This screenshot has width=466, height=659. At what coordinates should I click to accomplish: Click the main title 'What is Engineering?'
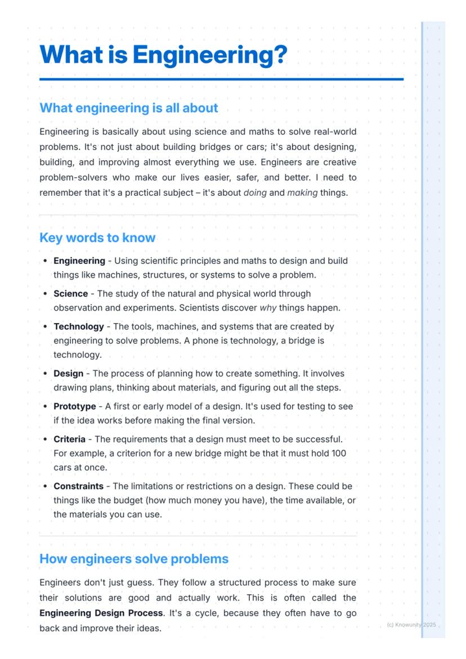pos(163,55)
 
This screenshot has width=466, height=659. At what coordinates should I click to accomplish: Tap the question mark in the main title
pos(280,55)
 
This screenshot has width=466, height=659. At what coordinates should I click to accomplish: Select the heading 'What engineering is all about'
pos(129,107)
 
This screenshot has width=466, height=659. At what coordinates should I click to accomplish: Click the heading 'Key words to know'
pos(97,237)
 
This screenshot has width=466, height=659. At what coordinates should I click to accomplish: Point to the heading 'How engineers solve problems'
pos(134,559)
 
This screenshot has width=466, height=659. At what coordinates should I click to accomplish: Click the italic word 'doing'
pos(255,192)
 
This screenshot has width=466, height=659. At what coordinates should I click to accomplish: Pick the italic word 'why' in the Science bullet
pos(268,308)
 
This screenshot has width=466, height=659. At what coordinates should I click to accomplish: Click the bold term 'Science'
pos(70,294)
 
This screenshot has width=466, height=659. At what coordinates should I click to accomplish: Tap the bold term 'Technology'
pos(79,326)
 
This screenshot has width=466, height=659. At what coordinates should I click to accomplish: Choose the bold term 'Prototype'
pos(75,406)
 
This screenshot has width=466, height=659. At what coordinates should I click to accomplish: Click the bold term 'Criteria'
pos(69,439)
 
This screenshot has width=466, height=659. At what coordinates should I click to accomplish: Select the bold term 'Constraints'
pos(78,486)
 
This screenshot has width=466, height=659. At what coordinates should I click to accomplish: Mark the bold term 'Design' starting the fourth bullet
pos(68,374)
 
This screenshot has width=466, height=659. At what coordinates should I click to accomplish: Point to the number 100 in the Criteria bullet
pos(339,454)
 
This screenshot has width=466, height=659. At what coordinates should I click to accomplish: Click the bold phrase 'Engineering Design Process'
pos(101,613)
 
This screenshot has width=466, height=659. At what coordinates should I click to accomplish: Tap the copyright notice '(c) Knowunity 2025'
pos(411,625)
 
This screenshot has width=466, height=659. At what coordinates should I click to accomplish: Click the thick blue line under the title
pos(221,79)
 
